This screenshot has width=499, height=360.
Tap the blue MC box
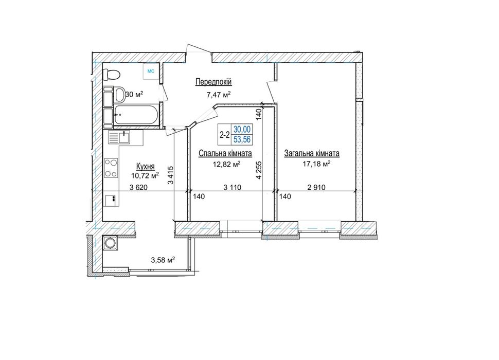(151, 71)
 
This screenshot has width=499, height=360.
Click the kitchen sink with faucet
(119, 137)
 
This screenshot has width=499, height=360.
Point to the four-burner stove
(111, 168)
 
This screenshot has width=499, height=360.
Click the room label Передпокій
(213, 82)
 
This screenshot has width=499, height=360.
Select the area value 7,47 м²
(218, 94)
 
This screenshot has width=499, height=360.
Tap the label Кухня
(145, 166)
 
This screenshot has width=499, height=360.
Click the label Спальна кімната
(225, 153)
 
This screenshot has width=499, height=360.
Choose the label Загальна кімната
(312, 153)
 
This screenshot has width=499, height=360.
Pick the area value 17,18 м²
(317, 164)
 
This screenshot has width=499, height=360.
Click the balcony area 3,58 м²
(163, 260)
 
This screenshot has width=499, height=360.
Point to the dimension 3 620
(138, 187)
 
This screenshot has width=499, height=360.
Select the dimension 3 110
(233, 187)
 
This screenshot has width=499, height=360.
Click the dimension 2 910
(316, 187)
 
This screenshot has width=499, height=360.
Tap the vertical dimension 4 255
(259, 170)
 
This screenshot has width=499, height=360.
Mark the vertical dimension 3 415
(171, 175)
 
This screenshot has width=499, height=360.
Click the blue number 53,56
(242, 139)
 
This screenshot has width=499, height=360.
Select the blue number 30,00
(242, 129)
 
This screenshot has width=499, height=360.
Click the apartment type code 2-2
(225, 135)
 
